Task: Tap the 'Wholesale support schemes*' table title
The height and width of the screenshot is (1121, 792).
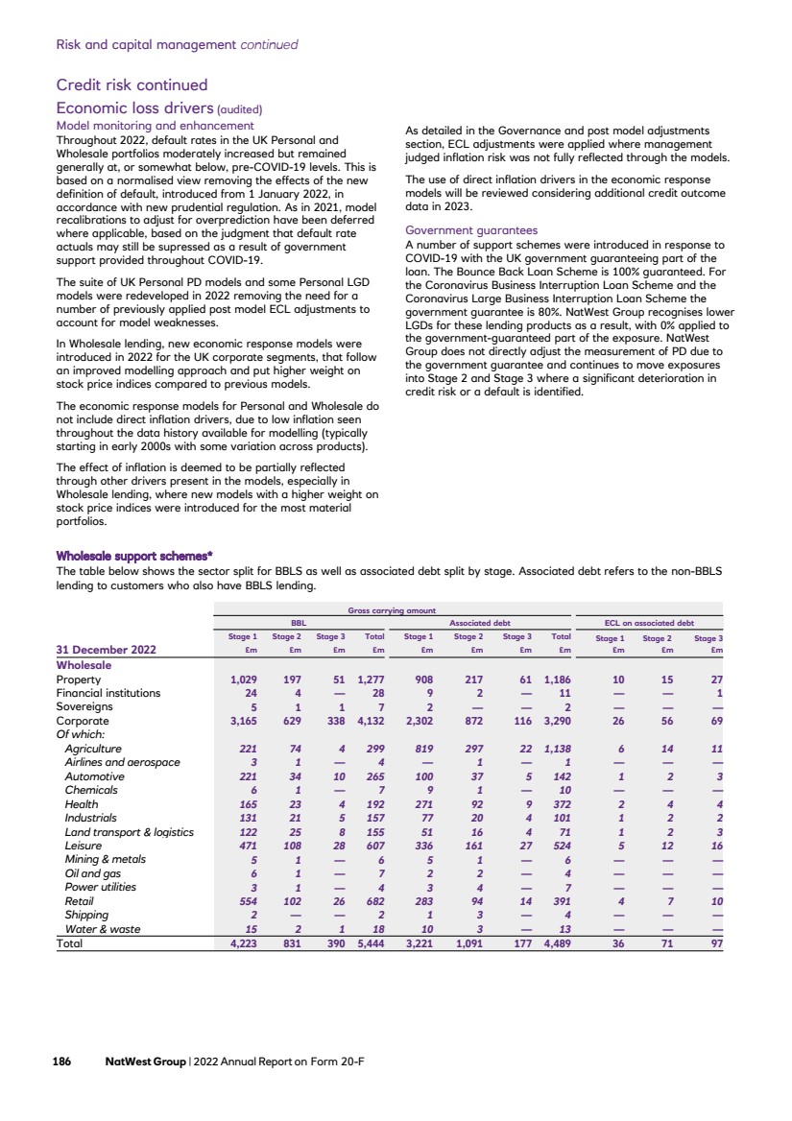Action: tap(134, 556)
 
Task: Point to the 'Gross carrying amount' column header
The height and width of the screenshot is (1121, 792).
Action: tap(392, 609)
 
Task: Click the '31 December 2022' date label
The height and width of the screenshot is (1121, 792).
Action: tap(108, 651)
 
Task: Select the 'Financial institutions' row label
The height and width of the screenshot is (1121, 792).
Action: tap(108, 693)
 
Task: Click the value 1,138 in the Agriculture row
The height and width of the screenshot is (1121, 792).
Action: tap(557, 748)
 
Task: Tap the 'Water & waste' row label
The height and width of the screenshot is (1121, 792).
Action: tap(101, 929)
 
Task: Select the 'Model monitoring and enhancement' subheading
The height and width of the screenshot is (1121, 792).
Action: tap(155, 126)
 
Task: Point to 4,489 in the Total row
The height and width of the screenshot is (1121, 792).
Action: tap(557, 943)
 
